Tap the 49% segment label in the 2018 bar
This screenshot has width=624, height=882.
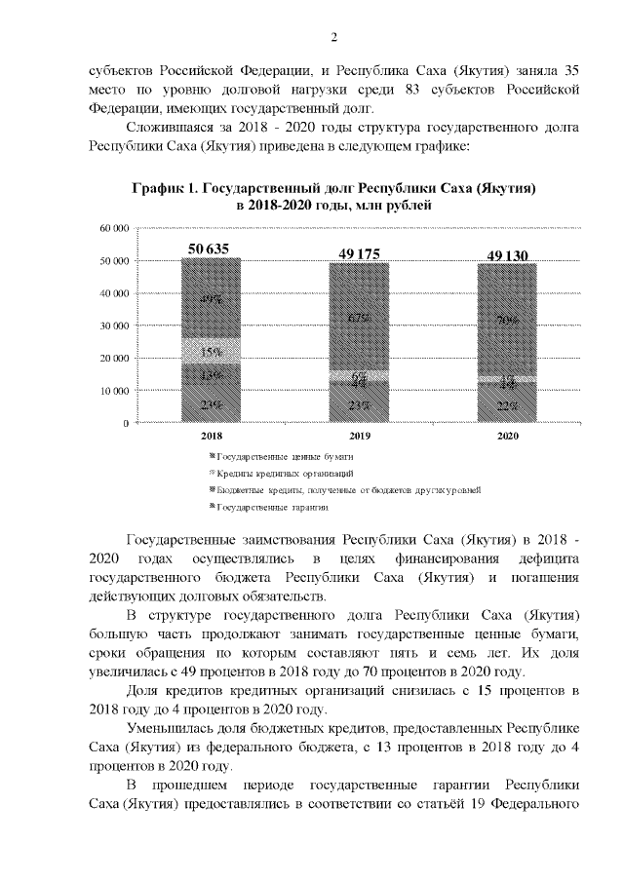click(210, 300)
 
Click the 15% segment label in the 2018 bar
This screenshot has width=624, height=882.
click(210, 352)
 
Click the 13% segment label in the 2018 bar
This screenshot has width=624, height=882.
click(210, 374)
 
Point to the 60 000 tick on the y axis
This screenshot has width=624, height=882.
click(115, 228)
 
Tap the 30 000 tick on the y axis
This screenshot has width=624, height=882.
click(115, 326)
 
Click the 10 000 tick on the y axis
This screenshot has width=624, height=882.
click(115, 391)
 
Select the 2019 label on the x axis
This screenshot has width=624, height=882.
click(358, 437)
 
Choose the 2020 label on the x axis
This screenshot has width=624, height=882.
click(507, 437)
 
